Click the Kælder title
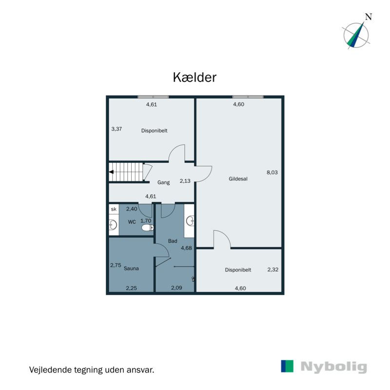tap(195, 78)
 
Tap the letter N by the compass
tap(369, 16)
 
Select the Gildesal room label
tap(238, 179)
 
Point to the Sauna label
tap(132, 269)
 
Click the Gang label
tap(163, 183)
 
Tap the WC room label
tap(132, 222)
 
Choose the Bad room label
tap(173, 241)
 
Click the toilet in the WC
tap(147, 227)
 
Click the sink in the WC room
tap(113, 225)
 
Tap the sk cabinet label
tap(114, 209)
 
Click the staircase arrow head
tap(112, 172)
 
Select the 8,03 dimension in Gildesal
tap(272, 172)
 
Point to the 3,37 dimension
tap(117, 129)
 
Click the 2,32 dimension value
tap(273, 269)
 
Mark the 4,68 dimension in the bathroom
tap(186, 248)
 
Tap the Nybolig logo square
tap(288, 367)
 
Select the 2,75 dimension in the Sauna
tap(116, 266)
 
